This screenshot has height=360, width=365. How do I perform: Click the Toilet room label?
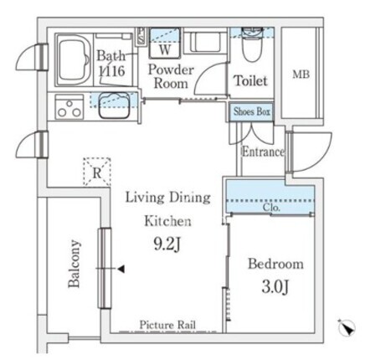(250, 80)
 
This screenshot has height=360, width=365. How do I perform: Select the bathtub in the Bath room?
(74, 59)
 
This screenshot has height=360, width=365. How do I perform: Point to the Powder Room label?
(171, 76)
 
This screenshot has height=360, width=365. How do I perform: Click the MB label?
(301, 75)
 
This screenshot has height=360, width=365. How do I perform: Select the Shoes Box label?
(252, 111)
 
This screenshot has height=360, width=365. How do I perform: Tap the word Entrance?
(263, 152)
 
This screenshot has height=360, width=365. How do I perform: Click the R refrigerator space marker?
(97, 172)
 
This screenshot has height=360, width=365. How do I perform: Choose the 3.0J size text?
(275, 287)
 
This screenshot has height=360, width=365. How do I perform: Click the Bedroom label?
(275, 264)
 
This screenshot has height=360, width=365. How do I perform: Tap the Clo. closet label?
(271, 208)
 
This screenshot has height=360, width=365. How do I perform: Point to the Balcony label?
(75, 264)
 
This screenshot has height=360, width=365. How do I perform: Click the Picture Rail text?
(167, 325)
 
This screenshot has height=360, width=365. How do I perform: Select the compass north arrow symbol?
(347, 327)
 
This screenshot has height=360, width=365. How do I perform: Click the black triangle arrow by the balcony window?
(121, 269)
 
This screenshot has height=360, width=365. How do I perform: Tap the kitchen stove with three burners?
(69, 107)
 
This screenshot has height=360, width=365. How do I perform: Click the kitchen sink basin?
(114, 105)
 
